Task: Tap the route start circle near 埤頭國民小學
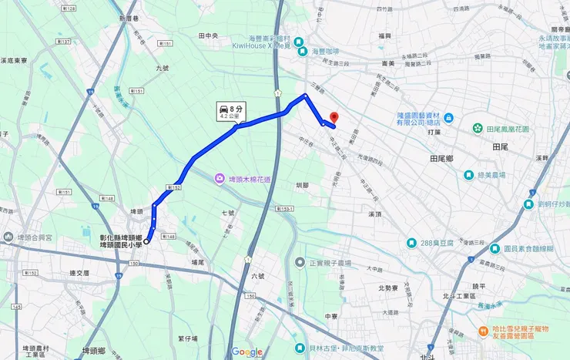coord(146,241)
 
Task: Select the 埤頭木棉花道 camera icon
coord(220,179)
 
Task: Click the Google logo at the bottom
coord(246,352)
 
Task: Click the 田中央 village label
coord(209,35)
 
